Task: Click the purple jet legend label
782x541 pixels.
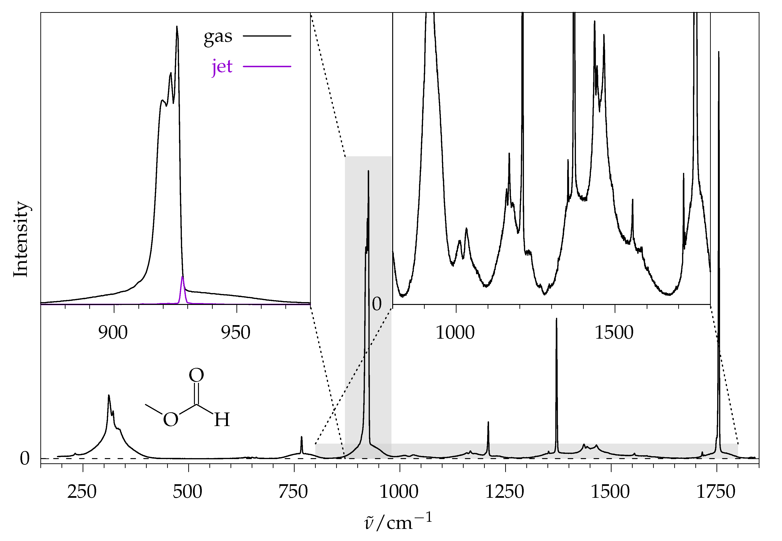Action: coord(222,67)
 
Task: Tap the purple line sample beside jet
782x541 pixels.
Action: coord(267,66)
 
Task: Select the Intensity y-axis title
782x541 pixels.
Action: coord(21,239)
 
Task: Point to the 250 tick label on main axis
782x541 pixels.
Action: coord(82,492)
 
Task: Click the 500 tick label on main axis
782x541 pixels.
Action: coord(187,492)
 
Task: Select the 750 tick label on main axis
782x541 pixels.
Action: coord(293,492)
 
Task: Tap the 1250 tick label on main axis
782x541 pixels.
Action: coord(505,492)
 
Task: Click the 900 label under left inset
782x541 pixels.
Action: coord(113,332)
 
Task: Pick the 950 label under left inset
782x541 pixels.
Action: coord(236,332)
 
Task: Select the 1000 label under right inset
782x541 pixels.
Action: coord(455,332)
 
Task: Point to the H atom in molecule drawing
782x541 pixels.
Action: coord(222,420)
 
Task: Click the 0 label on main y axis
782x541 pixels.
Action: coord(25,458)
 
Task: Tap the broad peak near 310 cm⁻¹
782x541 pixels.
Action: coord(109,397)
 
